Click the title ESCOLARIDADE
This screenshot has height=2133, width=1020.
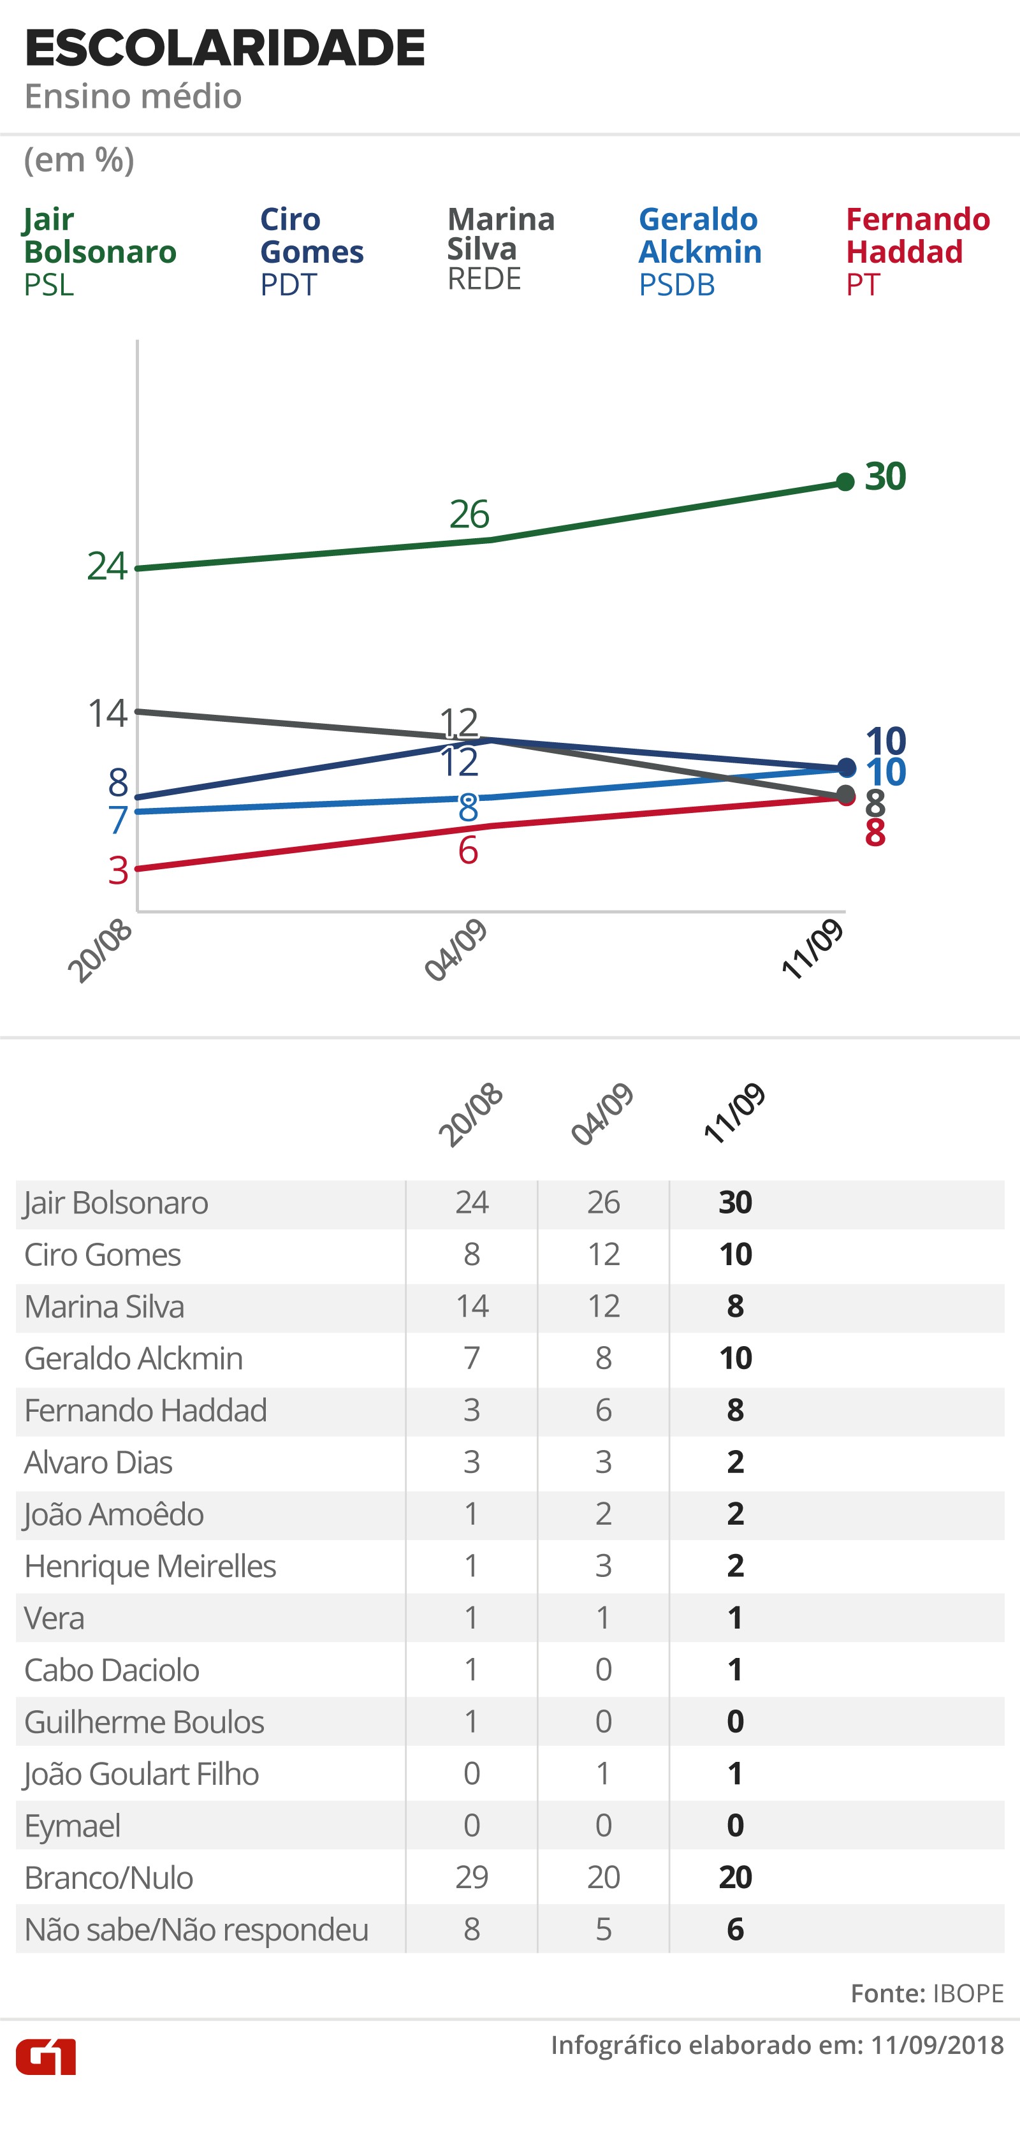pos(224,48)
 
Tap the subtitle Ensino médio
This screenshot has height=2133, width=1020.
pos(133,97)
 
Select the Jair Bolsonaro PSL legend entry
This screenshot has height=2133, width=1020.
pos(99,251)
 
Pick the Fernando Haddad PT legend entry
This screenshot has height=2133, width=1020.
pos(917,251)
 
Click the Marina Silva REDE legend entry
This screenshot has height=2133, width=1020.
pos(501,249)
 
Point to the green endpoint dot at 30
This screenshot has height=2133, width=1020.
pos(845,482)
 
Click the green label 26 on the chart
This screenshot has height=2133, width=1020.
pos(469,514)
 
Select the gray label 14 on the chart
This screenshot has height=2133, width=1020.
pos(108,713)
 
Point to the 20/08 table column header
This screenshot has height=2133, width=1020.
pos(470,1115)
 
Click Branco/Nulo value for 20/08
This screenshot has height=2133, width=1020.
pos(472,1877)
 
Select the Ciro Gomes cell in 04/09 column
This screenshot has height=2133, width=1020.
pos(604,1254)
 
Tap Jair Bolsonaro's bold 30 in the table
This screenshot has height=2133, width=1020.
pos(735,1202)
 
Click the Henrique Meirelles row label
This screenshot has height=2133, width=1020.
pos(150,1566)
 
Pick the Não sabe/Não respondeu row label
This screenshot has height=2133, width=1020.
pos(196,1930)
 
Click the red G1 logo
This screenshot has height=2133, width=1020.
pos(47,2057)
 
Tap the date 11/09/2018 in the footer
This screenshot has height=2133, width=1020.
pos(937,2045)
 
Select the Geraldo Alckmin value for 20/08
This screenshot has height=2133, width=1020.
pos(472,1358)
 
